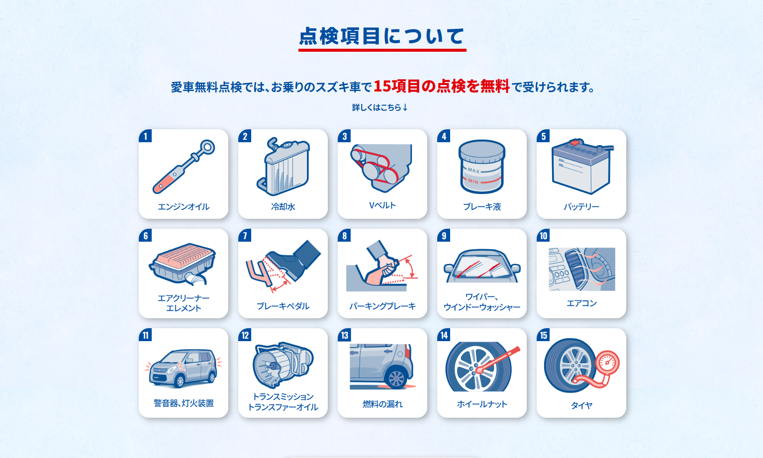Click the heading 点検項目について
point(382,36)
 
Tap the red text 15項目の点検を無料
point(442,86)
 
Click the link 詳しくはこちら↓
point(380,107)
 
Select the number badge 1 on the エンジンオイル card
point(145,136)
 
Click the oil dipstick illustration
point(183,167)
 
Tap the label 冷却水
point(283,207)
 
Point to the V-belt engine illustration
point(381,168)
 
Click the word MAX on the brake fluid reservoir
point(474,170)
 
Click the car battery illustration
point(582,166)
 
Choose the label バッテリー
point(581,207)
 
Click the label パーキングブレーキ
point(382,306)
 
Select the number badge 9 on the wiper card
point(444,236)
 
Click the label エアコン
point(581,303)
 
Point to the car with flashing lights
point(183,368)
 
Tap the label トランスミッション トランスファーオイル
point(283,402)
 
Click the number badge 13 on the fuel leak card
point(344,335)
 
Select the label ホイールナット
point(482,404)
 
